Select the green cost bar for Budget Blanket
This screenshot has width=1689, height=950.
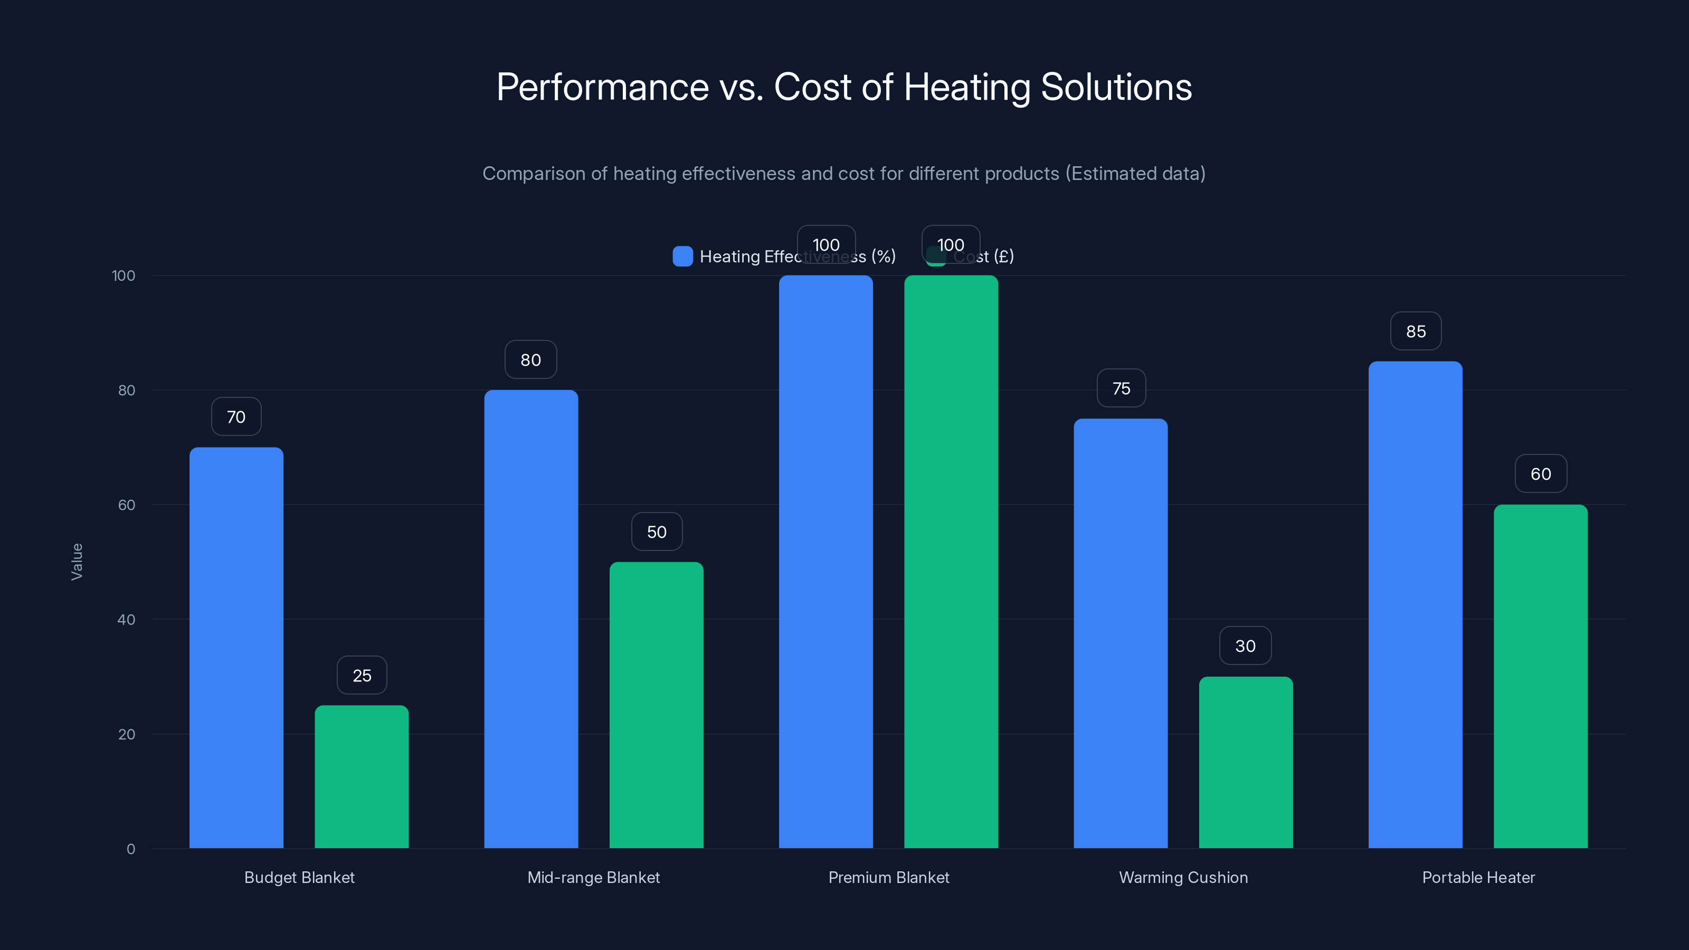361,776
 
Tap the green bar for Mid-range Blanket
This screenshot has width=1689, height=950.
656,705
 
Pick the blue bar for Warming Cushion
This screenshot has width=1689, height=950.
1121,633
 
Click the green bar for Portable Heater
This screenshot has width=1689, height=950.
1540,676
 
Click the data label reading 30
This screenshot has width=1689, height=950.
1245,647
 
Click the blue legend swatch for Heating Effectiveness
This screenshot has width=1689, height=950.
682,256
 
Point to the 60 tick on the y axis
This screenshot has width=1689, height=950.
127,505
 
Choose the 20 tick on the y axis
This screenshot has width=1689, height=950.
127,734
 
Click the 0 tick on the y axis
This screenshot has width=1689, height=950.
130,849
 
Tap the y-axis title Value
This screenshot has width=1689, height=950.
77,562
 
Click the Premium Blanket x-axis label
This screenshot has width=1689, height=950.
888,877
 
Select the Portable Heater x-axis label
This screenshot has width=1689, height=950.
1478,877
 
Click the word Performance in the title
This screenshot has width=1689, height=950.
602,87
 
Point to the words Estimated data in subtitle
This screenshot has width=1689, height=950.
1135,174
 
